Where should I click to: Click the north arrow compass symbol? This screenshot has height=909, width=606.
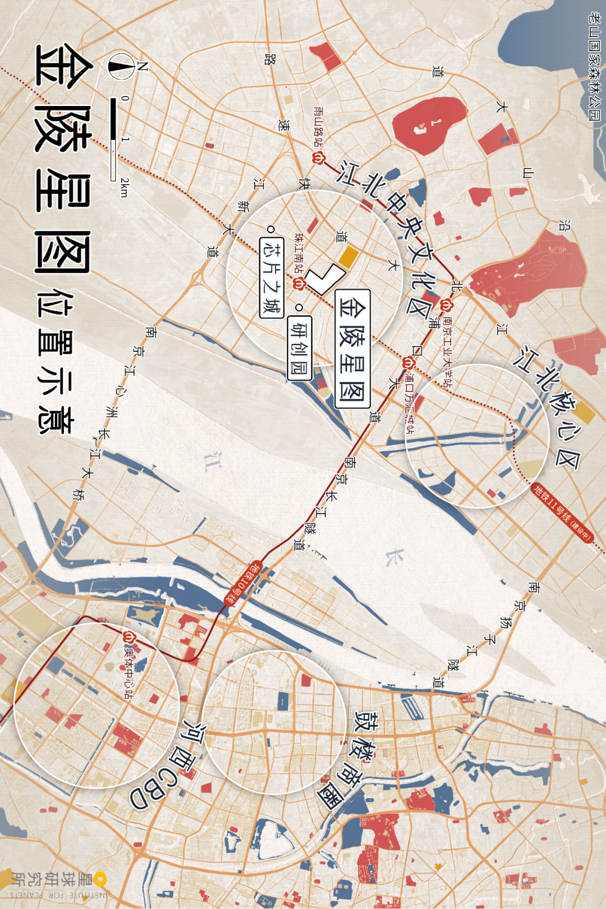(x=121, y=66)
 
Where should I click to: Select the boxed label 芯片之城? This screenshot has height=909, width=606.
(x=272, y=277)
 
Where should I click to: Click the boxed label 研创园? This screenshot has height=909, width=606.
(x=299, y=347)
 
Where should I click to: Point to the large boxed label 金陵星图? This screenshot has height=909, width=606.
(x=352, y=348)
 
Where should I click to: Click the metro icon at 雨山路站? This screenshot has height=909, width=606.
(x=319, y=158)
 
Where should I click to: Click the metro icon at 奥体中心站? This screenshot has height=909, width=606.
(x=129, y=638)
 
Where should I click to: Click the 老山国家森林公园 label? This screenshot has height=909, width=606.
(x=594, y=67)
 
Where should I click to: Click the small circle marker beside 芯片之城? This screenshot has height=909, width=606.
(x=271, y=229)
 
